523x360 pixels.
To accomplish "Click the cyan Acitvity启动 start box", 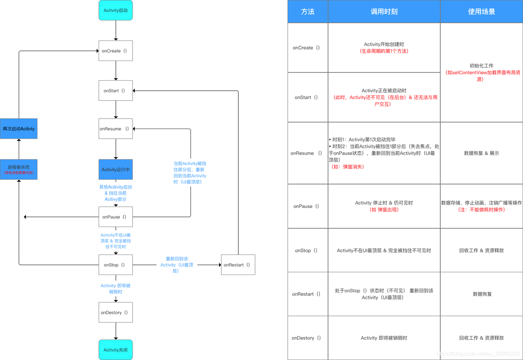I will click(115, 10).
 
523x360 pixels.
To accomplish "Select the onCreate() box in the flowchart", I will click(115, 51).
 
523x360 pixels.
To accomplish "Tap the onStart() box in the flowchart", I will click(115, 91).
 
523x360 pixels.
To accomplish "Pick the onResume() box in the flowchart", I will click(115, 129).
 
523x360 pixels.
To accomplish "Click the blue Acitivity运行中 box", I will click(115, 170).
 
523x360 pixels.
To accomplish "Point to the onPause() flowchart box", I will click(115, 217).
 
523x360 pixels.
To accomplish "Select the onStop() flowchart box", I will click(115, 265).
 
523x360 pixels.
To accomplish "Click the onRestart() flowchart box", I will click(238, 265).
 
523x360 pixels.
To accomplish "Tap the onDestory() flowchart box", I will click(115, 312).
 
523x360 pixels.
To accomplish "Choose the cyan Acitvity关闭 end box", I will click(115, 350).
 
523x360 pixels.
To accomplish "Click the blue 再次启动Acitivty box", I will click(19, 129).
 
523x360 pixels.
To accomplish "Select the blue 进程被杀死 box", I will click(19, 170).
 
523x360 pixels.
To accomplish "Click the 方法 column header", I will click(307, 12).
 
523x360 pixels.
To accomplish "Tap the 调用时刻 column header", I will click(384, 12).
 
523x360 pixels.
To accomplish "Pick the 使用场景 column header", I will click(481, 12).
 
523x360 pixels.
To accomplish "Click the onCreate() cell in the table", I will click(307, 48).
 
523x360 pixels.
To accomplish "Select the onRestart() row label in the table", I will click(307, 294).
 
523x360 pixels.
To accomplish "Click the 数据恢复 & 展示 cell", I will click(481, 153).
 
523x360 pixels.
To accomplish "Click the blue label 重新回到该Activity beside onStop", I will click(177, 265).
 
